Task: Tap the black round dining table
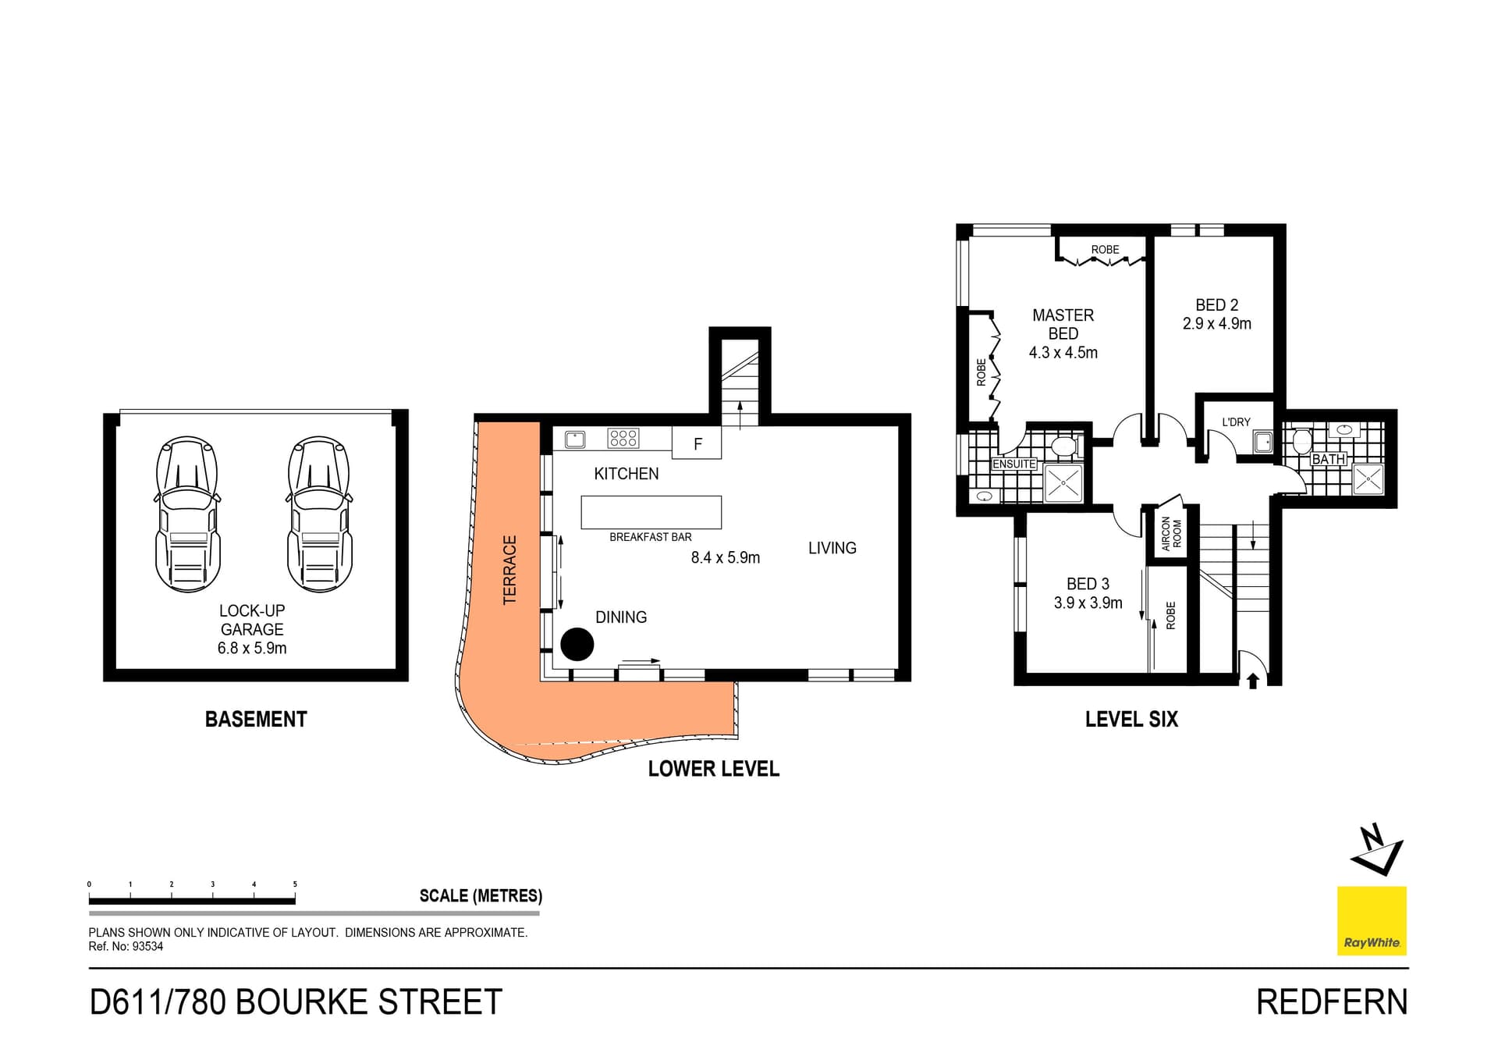coord(577,644)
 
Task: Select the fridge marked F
coord(698,444)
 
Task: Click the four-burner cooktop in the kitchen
coord(623,438)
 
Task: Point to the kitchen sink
coord(575,439)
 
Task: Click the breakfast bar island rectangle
coord(651,512)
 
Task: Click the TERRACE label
coord(510,570)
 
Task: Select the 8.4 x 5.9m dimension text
coord(725,557)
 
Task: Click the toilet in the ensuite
coord(1063,447)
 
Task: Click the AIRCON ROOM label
coord(1171,534)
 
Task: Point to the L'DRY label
coord(1236,422)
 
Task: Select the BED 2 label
coord(1216,305)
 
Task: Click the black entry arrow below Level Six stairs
coord(1253,681)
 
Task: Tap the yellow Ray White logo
coord(1372,920)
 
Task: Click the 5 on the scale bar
coord(295,884)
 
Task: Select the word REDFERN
coord(1332,1002)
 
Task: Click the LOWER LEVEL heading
coord(713,769)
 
